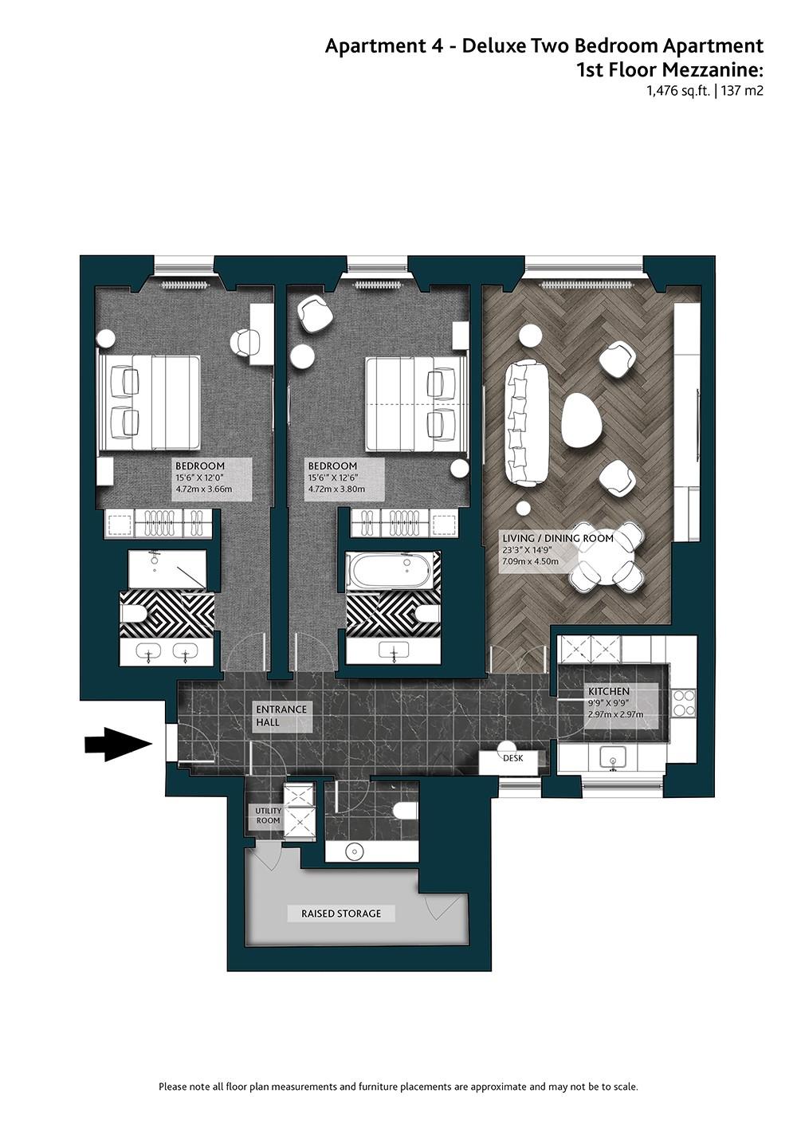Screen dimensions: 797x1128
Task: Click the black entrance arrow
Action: [x=118, y=744]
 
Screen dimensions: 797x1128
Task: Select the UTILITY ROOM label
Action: [x=269, y=816]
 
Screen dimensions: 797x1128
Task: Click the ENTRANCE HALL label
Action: [x=281, y=715]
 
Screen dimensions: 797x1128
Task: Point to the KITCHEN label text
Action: [x=609, y=691]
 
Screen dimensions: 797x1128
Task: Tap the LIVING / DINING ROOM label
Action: [x=558, y=538]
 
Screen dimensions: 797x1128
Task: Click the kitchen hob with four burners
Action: [x=684, y=702]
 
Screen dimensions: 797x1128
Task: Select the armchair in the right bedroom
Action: [x=316, y=315]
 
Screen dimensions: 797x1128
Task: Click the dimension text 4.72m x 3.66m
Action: [x=204, y=489]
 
